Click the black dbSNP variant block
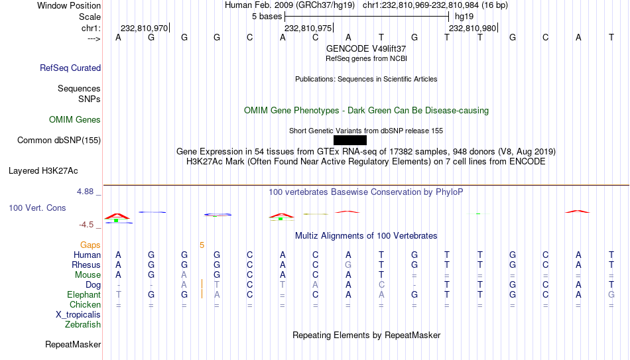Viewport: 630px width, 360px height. (350, 141)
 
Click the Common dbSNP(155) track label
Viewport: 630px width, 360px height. (59, 141)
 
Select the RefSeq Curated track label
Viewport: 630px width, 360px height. (70, 68)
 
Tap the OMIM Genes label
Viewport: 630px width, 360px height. (75, 120)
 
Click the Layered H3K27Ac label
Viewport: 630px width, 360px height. (43, 171)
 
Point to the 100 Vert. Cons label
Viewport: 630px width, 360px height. (37, 208)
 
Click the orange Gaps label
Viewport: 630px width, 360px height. (90, 245)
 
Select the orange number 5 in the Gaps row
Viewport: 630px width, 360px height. (202, 245)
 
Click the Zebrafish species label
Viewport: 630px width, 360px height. (83, 324)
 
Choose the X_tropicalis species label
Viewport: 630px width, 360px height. (78, 315)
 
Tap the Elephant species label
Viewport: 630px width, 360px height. (84, 295)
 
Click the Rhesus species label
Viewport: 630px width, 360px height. (86, 265)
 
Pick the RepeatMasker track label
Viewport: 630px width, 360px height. (73, 344)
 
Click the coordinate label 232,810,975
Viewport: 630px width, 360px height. (308, 28)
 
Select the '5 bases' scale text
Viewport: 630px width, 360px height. (267, 17)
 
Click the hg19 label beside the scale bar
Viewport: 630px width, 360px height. (464, 17)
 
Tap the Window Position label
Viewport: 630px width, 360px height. (69, 5)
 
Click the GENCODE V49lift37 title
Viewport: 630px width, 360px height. (366, 48)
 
